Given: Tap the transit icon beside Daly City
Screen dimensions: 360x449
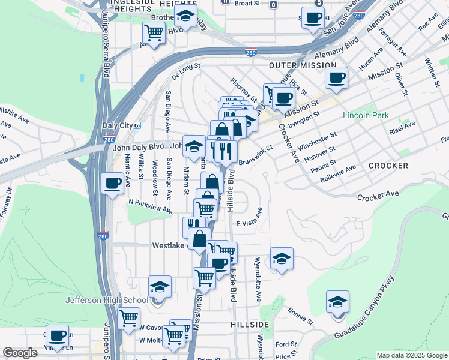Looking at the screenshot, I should click(137, 125).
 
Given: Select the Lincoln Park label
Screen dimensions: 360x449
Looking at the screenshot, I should click(366, 115).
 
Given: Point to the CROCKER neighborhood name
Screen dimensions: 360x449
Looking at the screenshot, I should click(388, 165).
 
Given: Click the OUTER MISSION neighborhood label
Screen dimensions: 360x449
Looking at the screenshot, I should click(297, 65).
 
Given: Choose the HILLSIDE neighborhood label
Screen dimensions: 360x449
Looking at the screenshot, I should click(249, 323).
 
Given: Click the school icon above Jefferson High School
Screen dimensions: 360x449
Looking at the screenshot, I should click(160, 286).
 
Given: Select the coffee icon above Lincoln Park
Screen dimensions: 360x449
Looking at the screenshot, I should click(336, 77).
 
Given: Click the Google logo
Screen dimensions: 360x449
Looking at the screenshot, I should click(20, 353).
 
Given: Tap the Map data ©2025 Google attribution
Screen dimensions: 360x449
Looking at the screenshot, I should click(411, 355).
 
